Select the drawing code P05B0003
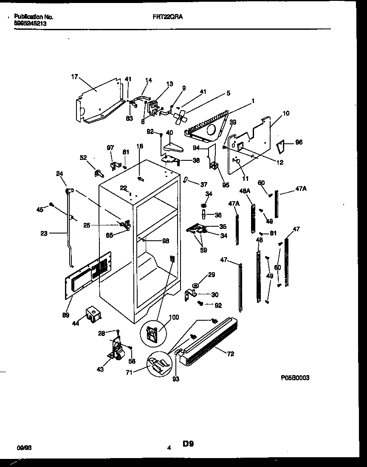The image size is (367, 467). tap(295, 377)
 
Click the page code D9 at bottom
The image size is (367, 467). tap(189, 444)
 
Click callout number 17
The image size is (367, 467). tap(74, 77)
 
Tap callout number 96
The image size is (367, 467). tap(299, 142)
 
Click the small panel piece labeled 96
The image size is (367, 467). tap(281, 147)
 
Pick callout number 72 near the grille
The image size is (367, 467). tap(231, 353)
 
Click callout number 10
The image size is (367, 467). tap(285, 113)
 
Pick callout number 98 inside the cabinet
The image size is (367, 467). tap(165, 241)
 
